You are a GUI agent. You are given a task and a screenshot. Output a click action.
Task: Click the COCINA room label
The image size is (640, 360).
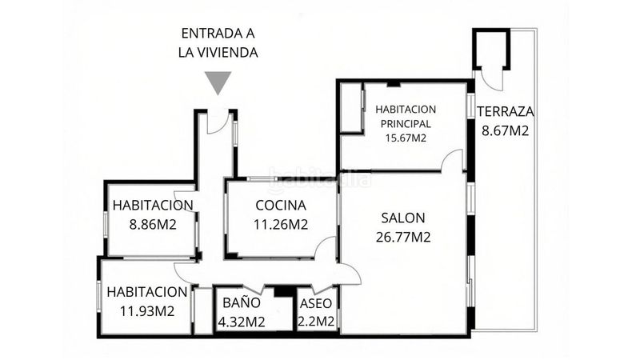[281, 206]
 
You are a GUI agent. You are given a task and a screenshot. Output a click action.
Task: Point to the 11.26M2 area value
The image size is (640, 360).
[281, 225]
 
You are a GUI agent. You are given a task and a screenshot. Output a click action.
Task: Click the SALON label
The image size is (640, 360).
[403, 218]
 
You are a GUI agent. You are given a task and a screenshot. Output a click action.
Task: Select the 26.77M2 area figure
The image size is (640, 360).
[403, 237]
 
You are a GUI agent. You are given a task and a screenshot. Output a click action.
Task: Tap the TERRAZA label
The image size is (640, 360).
[506, 111]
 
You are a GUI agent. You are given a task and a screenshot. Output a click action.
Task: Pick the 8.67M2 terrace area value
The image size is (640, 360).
[506, 130]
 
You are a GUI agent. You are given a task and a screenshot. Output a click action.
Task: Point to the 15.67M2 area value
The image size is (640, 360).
[406, 138]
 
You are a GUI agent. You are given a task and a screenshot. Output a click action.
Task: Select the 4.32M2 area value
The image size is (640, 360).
[242, 322]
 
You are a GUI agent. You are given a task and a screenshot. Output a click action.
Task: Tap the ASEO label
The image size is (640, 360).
[316, 304]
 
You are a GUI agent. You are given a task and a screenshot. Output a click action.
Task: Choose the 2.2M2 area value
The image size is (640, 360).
[316, 322]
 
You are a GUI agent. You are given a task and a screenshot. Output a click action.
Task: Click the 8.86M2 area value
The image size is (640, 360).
[153, 225]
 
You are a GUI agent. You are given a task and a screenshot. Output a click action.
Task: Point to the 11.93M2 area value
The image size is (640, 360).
[147, 311]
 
